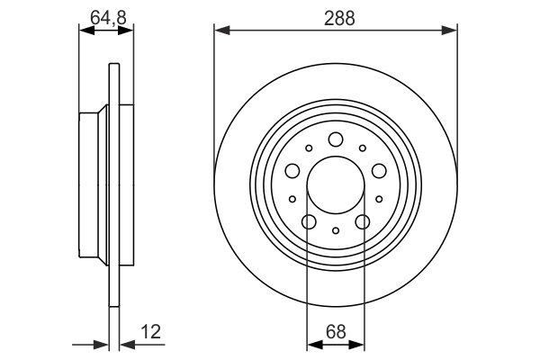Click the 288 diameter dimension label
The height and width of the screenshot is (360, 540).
pyautogui.click(x=339, y=18)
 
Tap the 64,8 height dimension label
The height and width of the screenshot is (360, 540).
pyautogui.click(x=109, y=18)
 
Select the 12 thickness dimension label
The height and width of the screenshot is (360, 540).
pyautogui.click(x=150, y=332)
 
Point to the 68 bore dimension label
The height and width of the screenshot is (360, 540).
pyautogui.click(x=336, y=332)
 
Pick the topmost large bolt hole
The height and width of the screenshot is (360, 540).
pyautogui.click(x=336, y=139)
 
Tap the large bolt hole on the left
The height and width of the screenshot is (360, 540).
pyautogui.click(x=292, y=170)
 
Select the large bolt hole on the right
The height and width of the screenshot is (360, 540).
pyautogui.click(x=379, y=170)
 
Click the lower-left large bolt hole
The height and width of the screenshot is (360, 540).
pyautogui.click(x=309, y=222)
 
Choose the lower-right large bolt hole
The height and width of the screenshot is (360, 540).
pyautogui.click(x=363, y=222)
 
